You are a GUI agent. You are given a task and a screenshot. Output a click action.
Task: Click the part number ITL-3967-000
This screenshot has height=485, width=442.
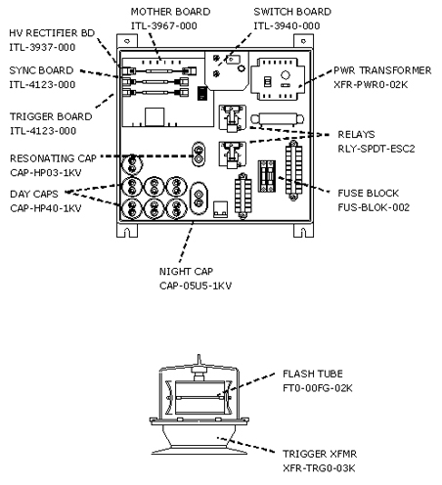[x=164, y=25]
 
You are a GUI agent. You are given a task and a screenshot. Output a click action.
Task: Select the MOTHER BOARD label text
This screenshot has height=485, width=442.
[x=170, y=12]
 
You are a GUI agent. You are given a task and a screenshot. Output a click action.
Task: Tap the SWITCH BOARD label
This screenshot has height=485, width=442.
[x=292, y=12]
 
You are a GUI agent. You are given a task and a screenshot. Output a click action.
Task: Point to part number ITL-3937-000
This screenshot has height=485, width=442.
[x=42, y=47]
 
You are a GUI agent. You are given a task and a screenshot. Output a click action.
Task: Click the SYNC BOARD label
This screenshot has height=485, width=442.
[x=41, y=70]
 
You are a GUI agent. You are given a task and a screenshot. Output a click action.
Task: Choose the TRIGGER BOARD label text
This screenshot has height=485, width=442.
[x=51, y=116]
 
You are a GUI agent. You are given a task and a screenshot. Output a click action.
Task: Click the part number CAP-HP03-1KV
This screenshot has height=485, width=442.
[x=46, y=172]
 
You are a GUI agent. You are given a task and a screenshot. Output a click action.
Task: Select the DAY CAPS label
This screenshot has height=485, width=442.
[x=34, y=194]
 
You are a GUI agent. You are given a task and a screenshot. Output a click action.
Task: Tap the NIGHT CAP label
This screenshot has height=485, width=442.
[x=186, y=271]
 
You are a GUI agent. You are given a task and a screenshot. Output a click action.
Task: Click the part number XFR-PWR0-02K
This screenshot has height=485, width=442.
[x=371, y=85]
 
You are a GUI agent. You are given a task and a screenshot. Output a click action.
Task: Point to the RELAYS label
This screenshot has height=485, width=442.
[x=356, y=134]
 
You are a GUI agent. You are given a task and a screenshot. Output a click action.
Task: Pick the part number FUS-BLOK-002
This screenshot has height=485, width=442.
[x=374, y=207]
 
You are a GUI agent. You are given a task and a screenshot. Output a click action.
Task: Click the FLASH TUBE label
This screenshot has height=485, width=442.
[x=313, y=374]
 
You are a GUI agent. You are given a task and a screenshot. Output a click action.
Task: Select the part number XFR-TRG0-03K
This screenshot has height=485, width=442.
[x=319, y=468]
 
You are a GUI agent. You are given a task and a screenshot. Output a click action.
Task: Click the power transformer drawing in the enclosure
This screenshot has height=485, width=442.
[x=278, y=79]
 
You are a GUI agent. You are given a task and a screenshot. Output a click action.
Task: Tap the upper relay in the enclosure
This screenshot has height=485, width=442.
[x=232, y=118]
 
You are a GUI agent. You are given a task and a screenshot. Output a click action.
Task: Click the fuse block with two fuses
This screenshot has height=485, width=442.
[x=267, y=176]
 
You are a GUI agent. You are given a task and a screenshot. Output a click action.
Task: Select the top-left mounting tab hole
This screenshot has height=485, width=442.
[x=127, y=41]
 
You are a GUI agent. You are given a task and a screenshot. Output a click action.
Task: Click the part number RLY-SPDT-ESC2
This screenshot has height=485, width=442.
[x=376, y=149]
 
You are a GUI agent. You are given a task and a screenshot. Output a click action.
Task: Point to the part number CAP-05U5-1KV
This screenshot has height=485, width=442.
[x=196, y=286]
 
